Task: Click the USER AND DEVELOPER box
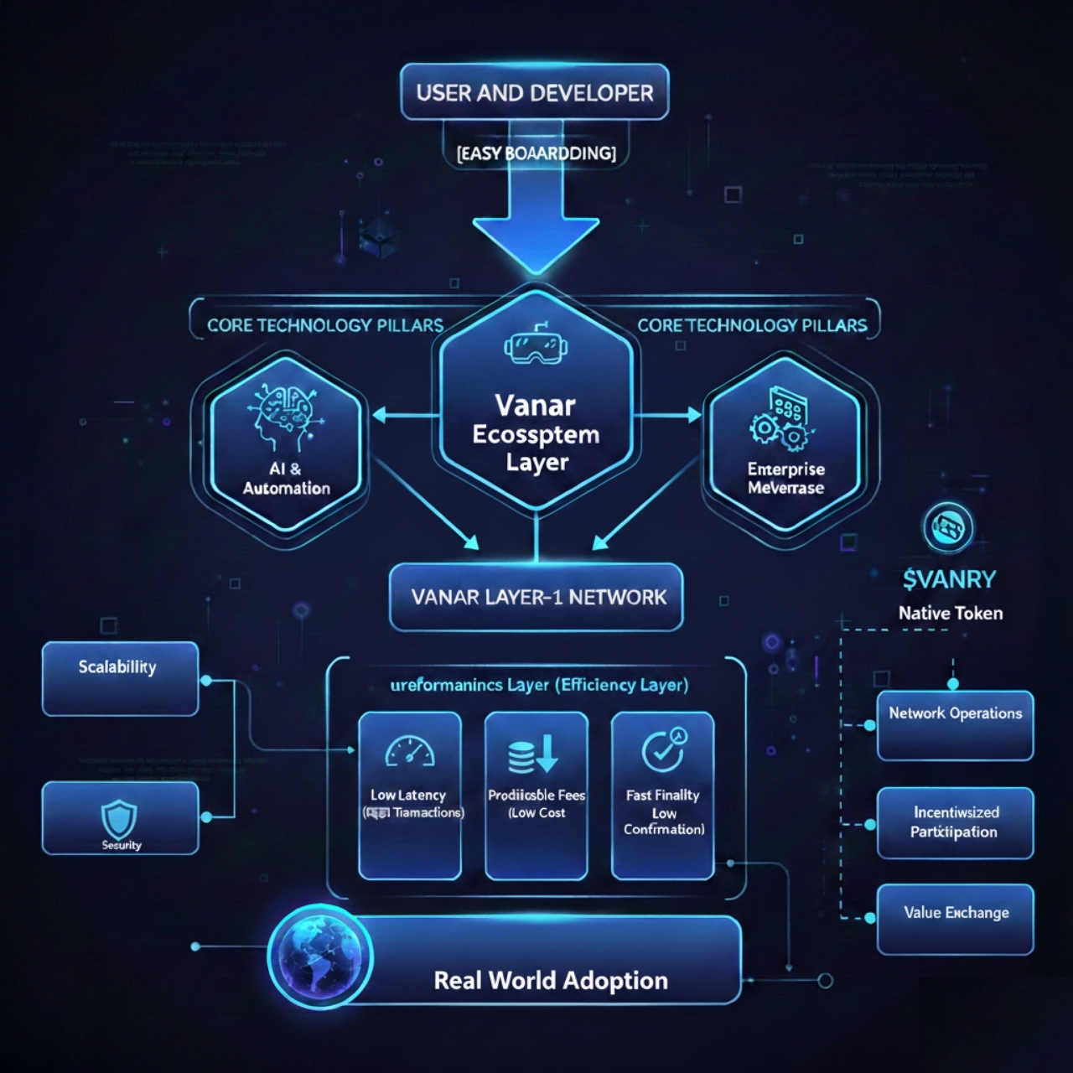tap(535, 92)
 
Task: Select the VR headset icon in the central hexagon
tap(531, 345)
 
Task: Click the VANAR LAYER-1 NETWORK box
tap(536, 597)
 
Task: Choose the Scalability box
tap(120, 678)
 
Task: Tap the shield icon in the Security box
tap(119, 816)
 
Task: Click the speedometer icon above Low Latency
tap(410, 751)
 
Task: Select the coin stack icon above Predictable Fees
tap(533, 753)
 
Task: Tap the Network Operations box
tap(955, 725)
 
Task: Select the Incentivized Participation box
tap(955, 822)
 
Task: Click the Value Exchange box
tap(955, 919)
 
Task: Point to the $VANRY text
tap(950, 579)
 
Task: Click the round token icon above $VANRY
tap(947, 528)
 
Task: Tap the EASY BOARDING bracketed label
tap(536, 153)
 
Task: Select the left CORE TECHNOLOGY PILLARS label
tap(324, 325)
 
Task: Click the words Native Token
tap(951, 614)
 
